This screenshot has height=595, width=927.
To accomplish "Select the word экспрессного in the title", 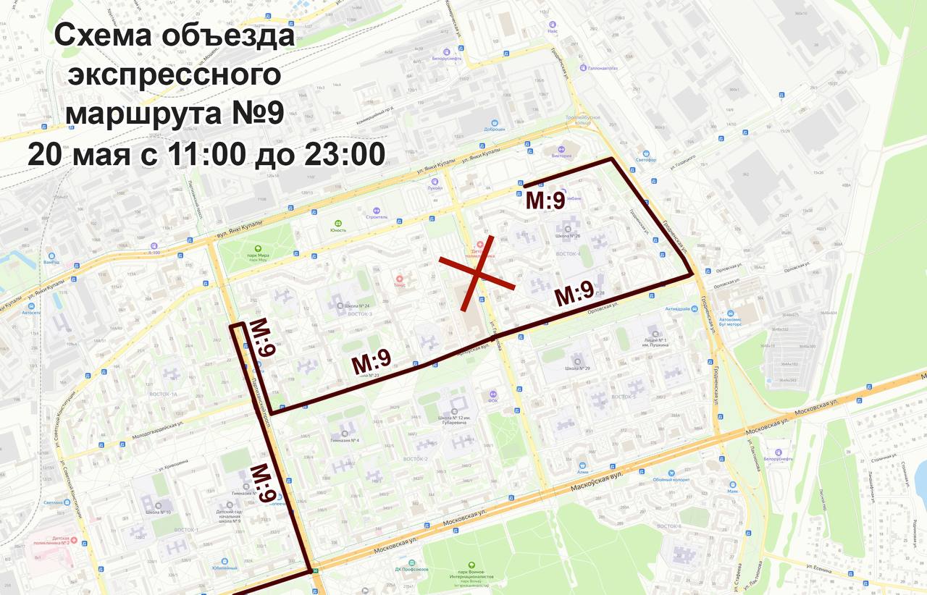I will pyautogui.click(x=174, y=75).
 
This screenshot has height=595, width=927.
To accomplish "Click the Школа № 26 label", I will pyautogui.click(x=568, y=235).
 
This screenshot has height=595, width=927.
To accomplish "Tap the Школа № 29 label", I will pyautogui.click(x=577, y=368).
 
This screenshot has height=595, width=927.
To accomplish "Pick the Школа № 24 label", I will pyautogui.click(x=356, y=305).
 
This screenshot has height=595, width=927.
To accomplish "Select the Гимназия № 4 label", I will pyautogui.click(x=345, y=440).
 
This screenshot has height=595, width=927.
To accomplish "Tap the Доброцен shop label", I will pyautogui.click(x=494, y=130).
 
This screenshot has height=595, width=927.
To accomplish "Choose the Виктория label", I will pyautogui.click(x=562, y=155).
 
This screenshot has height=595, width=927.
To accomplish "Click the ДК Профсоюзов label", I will pyautogui.click(x=413, y=568).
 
